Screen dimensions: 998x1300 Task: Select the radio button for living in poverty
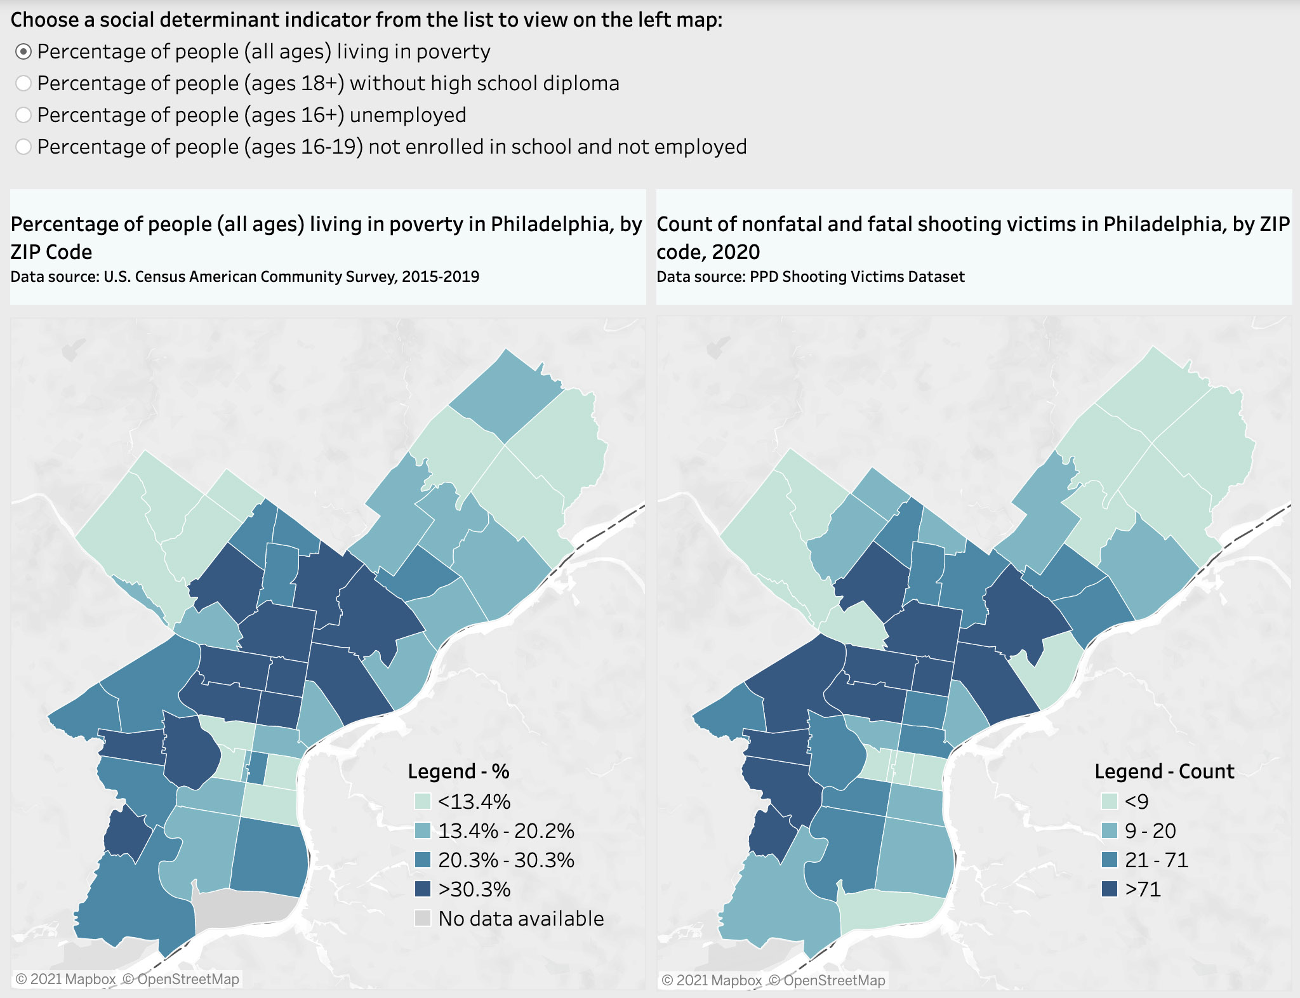[23, 52]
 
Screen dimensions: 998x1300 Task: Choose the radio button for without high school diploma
[23, 83]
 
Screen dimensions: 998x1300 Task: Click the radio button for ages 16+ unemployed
[23, 115]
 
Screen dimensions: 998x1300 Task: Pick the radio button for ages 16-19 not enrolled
[23, 147]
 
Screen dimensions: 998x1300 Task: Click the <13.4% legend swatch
[423, 801]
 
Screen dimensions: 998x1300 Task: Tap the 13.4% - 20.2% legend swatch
[423, 830]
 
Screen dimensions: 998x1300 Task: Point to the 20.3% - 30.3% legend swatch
[423, 860]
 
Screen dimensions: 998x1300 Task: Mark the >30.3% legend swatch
[423, 889]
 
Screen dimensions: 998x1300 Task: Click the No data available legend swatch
[423, 918]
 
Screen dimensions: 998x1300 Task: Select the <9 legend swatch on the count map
[1110, 801]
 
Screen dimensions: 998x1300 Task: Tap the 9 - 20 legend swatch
[1110, 830]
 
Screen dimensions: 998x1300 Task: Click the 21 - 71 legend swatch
[1110, 860]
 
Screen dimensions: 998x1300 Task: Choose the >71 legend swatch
[1110, 889]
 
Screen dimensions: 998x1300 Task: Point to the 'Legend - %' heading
[458, 771]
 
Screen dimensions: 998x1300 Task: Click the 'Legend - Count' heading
[1164, 771]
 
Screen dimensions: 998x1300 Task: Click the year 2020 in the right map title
[736, 252]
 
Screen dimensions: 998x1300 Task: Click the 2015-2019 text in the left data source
[440, 277]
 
